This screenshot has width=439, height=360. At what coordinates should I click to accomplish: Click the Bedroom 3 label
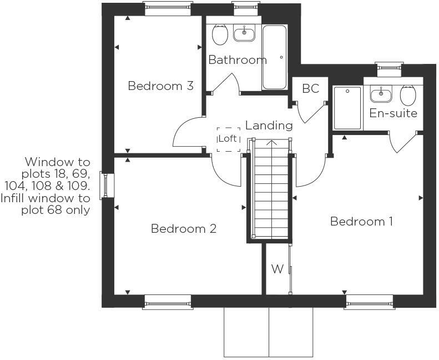coord(160,86)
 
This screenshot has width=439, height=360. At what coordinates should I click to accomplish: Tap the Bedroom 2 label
coord(183,228)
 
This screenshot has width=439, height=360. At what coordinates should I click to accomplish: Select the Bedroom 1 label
coord(361,222)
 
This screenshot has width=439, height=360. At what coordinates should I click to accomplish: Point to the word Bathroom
coord(238,59)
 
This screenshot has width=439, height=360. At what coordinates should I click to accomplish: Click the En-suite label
coord(393,113)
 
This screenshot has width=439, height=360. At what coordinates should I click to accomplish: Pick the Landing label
coord(269,126)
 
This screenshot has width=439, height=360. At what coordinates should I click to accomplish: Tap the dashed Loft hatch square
coord(228,139)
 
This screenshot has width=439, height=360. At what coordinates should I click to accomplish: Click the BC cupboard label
coord(310,88)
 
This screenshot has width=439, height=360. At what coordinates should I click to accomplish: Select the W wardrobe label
coord(277,269)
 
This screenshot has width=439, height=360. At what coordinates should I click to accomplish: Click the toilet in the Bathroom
coord(220,35)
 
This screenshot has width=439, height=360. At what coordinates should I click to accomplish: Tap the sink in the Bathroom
coord(244,34)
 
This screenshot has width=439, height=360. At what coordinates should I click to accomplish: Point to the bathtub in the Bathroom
coord(274,57)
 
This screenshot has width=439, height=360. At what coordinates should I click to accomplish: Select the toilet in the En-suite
coord(408,96)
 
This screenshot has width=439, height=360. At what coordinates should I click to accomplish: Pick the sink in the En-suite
coord(381,94)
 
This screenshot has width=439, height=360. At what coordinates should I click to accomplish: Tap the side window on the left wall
coord(105,186)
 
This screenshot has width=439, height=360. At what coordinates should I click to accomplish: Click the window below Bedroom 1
coord(369,302)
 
